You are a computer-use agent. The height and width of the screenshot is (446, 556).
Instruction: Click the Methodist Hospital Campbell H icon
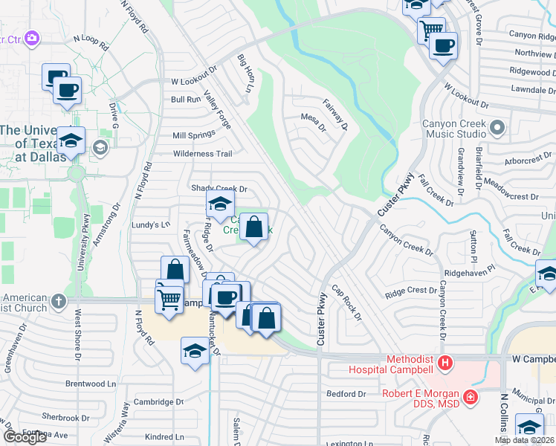pyautogui.click(x=445, y=363)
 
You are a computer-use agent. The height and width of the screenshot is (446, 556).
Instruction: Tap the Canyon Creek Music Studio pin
pyautogui.click(x=497, y=130)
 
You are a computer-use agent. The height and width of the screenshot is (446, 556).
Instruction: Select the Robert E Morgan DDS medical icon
pyautogui.click(x=470, y=398)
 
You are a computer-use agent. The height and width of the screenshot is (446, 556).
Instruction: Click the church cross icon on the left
pyautogui.click(x=59, y=302)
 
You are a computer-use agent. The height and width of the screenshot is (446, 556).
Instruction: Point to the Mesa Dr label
pyautogui.click(x=313, y=117)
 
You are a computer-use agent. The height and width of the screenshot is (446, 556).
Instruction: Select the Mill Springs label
pyautogui.click(x=193, y=135)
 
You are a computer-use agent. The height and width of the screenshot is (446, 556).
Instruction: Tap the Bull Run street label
pyautogui.click(x=186, y=99)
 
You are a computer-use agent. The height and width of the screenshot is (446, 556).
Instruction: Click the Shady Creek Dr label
pyautogui.click(x=219, y=189)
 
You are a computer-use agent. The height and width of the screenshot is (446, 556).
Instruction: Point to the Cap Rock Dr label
pyautogui.click(x=346, y=303)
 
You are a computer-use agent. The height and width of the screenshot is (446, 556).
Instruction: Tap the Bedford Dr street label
pyautogui.click(x=346, y=393)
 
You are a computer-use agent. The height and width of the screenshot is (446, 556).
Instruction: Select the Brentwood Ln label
pyautogui.click(x=91, y=384)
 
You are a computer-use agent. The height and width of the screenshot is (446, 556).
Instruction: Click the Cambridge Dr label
pyautogui.click(x=158, y=401)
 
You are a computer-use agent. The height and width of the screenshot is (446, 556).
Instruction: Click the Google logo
pyautogui.click(x=25, y=437)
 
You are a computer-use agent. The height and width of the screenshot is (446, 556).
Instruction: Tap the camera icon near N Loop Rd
pyautogui.click(x=31, y=37)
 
